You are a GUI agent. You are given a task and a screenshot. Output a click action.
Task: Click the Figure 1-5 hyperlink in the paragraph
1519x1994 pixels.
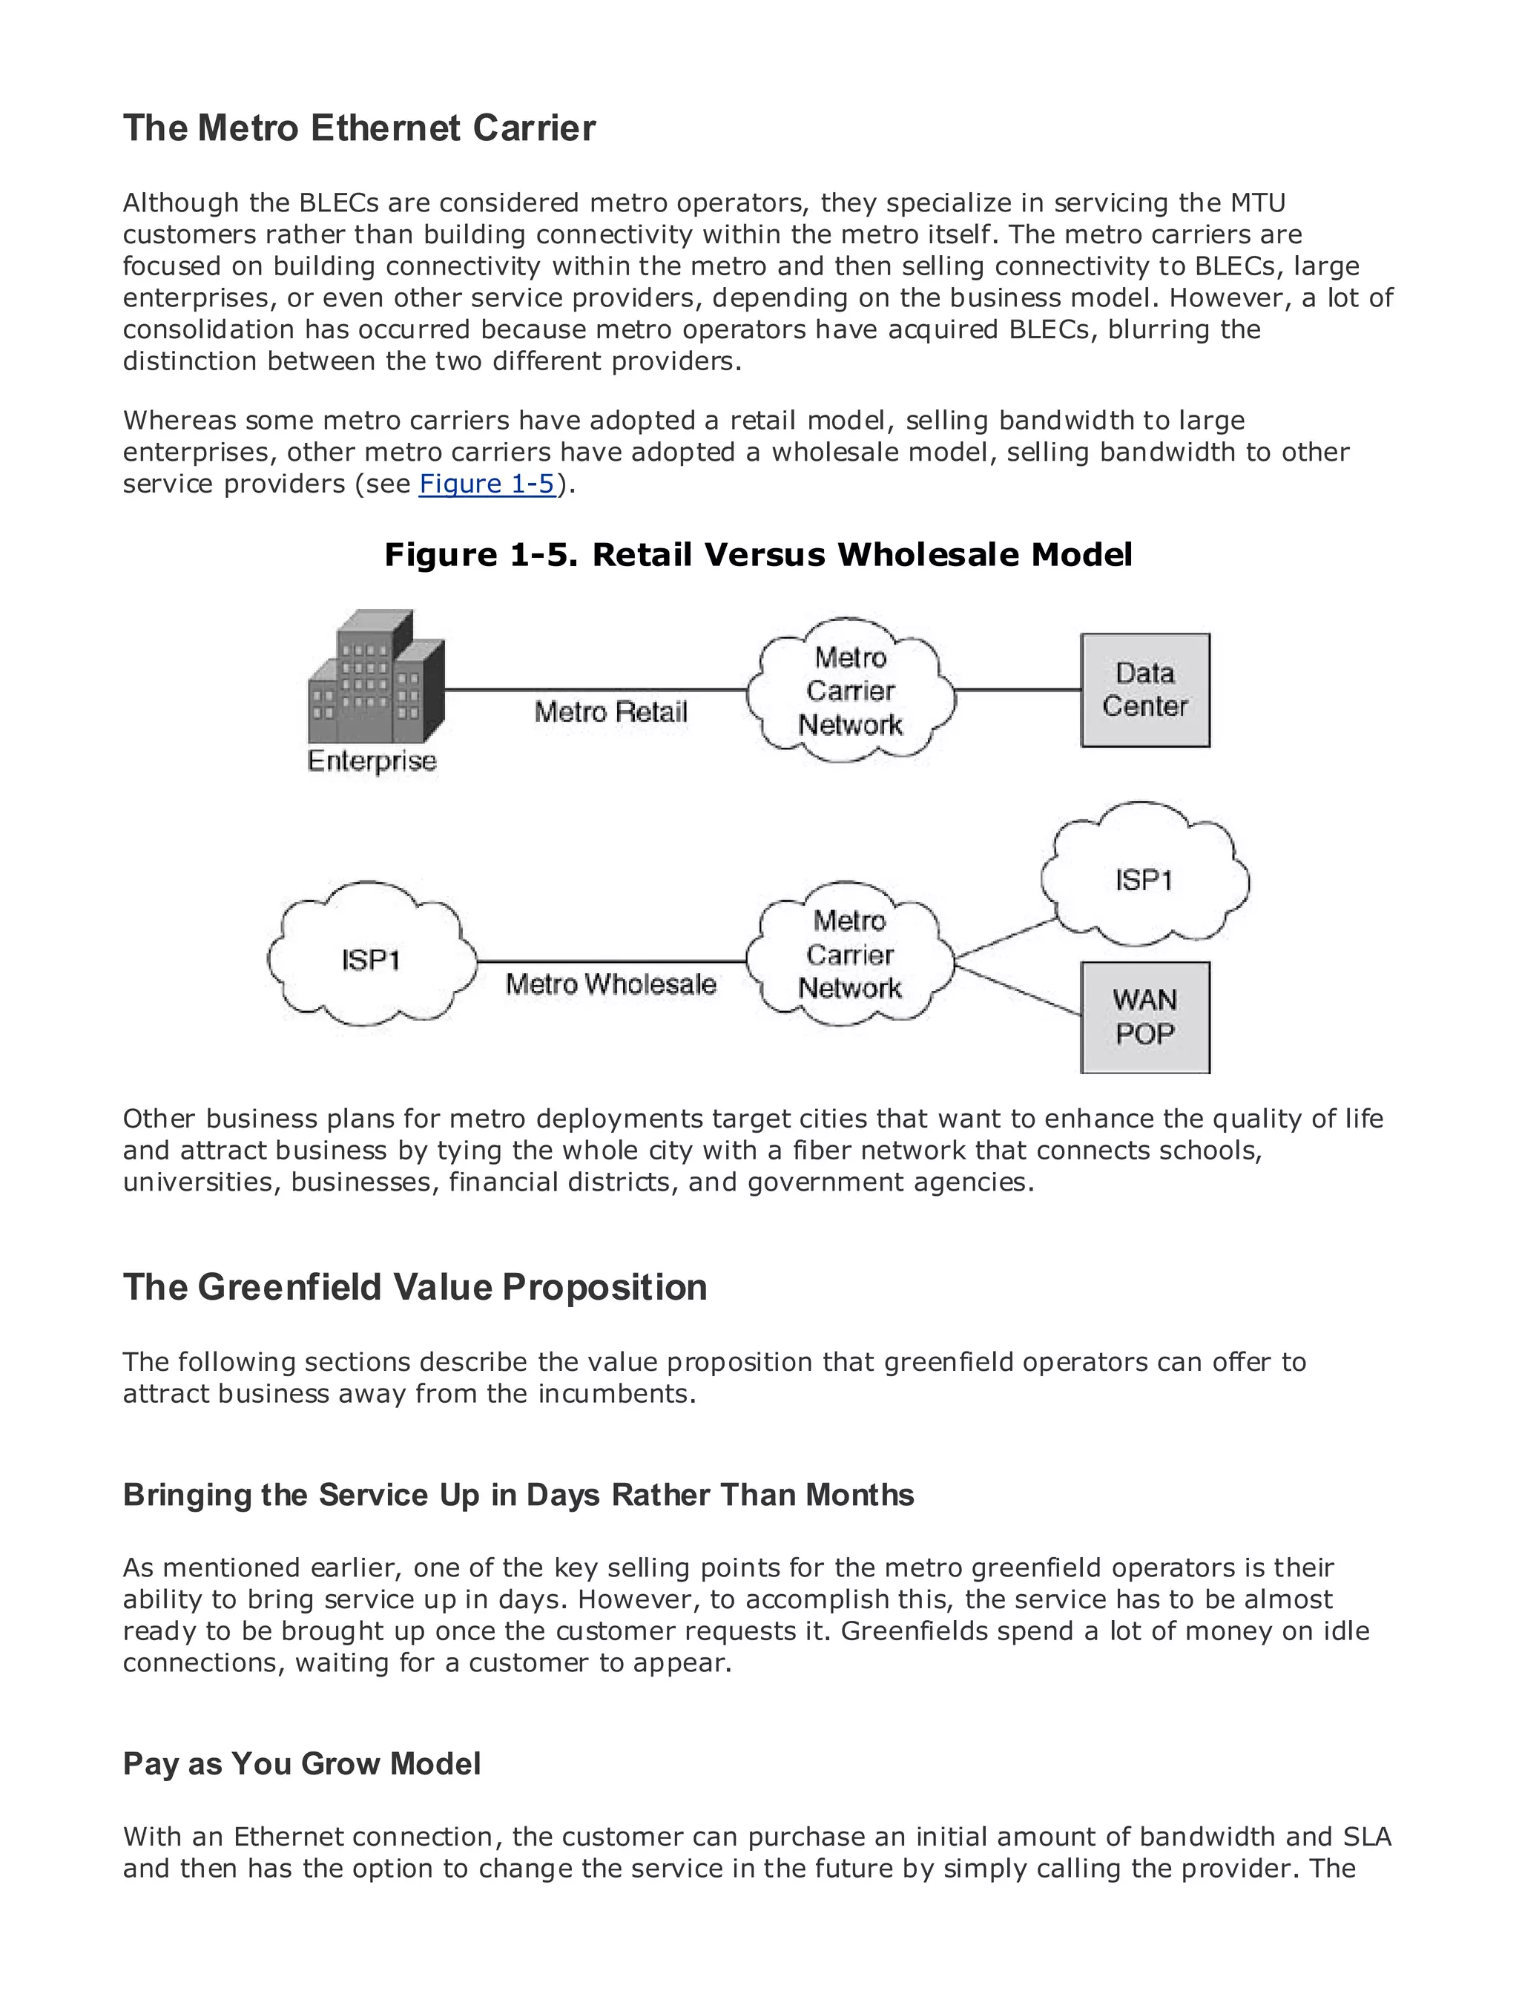pyautogui.click(x=487, y=484)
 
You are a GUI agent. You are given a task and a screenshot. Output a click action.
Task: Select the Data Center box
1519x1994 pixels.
pyautogui.click(x=1144, y=690)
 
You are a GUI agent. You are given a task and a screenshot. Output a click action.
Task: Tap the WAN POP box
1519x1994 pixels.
pyautogui.click(x=1144, y=1017)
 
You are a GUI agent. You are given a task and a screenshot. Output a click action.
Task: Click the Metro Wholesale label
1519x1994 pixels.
pyautogui.click(x=610, y=984)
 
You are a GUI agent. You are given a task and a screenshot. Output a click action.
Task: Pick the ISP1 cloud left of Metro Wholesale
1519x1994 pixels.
pyautogui.click(x=371, y=958)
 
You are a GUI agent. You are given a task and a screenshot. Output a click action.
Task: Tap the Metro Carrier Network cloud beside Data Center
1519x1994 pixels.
pyautogui.click(x=850, y=691)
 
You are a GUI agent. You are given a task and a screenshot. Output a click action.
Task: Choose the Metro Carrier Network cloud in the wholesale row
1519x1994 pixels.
pyautogui.click(x=850, y=955)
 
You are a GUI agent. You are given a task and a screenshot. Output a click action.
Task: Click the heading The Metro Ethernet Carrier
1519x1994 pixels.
pyautogui.click(x=359, y=128)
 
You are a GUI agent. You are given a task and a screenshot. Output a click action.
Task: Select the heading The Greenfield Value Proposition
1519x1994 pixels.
pyautogui.click(x=415, y=1288)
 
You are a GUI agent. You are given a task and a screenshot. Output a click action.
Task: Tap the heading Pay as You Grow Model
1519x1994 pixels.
pyautogui.click(x=302, y=1764)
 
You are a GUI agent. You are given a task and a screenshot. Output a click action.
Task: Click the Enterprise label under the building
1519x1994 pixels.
pyautogui.click(x=372, y=761)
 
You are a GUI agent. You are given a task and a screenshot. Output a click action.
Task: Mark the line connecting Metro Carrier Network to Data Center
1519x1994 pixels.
pyautogui.click(x=1017, y=690)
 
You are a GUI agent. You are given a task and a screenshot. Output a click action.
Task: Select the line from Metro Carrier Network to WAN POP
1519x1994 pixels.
pyautogui.click(x=1018, y=992)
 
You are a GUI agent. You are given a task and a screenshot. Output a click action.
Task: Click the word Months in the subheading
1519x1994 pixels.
pyautogui.click(x=859, y=1495)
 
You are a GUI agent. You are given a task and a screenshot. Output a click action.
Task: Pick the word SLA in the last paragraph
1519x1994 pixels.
pyautogui.click(x=1366, y=1837)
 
